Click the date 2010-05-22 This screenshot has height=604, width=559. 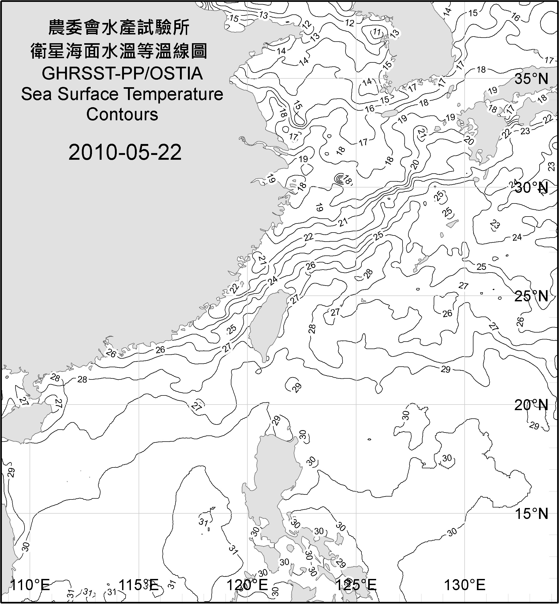tap(125, 152)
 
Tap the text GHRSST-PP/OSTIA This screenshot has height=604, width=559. tap(122, 74)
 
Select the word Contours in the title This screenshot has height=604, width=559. tap(122, 114)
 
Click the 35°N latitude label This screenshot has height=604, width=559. tap(532, 79)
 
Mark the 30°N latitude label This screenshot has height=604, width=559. tap(532, 188)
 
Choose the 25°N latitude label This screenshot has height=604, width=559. tap(532, 296)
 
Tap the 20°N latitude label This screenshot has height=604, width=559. tap(532, 405)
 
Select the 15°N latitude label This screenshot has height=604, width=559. tap(532, 514)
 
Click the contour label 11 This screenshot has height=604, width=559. tap(377, 32)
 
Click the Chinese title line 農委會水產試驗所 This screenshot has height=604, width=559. tap(119, 28)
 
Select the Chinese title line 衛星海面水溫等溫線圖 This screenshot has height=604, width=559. tap(119, 51)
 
